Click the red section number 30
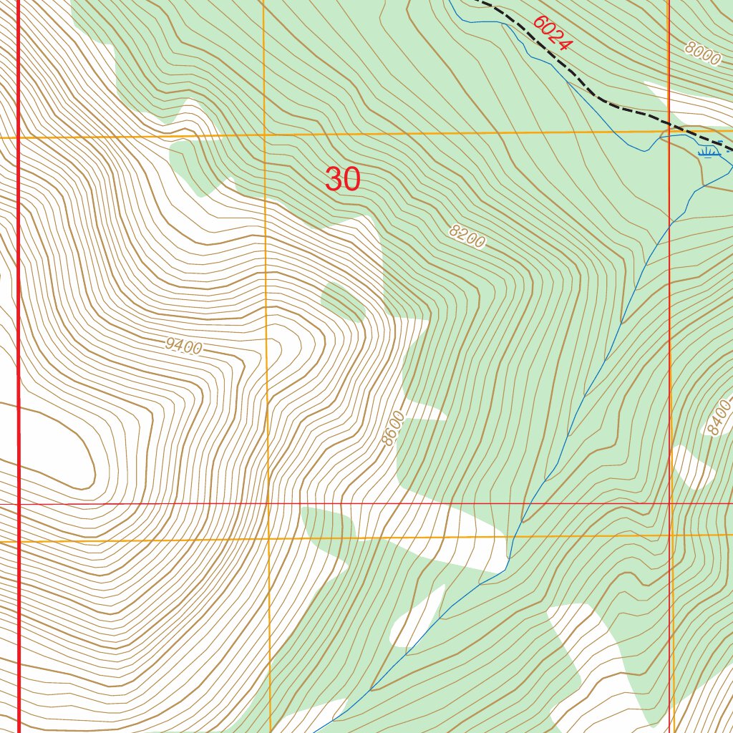pyautogui.click(x=343, y=179)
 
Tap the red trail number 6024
pyautogui.click(x=552, y=33)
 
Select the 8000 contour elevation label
pyautogui.click(x=702, y=54)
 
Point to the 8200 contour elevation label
pyautogui.click(x=467, y=237)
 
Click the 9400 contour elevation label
pyautogui.click(x=183, y=347)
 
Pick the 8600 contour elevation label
pyautogui.click(x=394, y=428)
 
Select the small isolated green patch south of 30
pyautogui.click(x=344, y=301)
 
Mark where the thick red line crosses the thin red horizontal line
pyautogui.click(x=18, y=504)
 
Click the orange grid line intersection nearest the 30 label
pyautogui.click(x=264, y=135)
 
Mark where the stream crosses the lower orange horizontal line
pyautogui.click(x=511, y=535)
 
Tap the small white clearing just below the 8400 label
pyautogui.click(x=691, y=465)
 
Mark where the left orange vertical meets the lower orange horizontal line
pyautogui.click(x=268, y=538)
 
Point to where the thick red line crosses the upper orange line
pyautogui.click(x=18, y=137)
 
